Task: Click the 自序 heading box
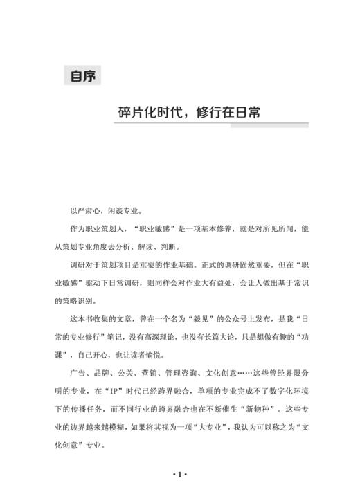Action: click(x=83, y=75)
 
